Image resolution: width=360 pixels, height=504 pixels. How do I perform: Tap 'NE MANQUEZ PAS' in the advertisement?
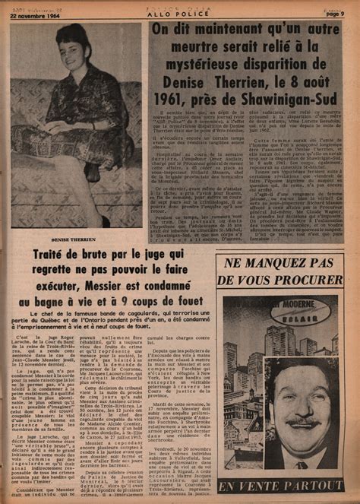pyautogui.click(x=279, y=264)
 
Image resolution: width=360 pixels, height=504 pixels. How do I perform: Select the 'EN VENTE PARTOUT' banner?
pyautogui.click(x=280, y=486)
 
